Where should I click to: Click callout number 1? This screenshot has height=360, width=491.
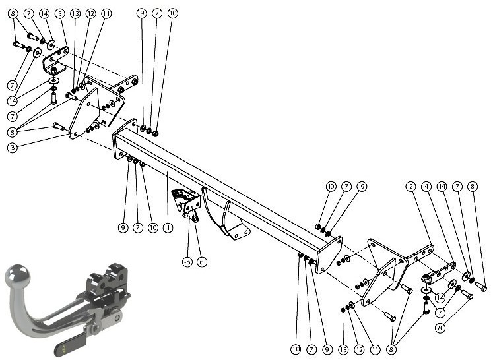[168, 227]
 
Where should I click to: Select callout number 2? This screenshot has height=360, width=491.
[410, 187]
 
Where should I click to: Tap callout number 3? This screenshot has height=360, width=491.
[13, 147]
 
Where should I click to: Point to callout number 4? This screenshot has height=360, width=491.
[426, 187]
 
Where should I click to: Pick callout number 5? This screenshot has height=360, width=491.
[60, 13]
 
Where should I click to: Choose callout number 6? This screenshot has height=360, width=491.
[202, 262]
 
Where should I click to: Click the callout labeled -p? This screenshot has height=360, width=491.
[187, 262]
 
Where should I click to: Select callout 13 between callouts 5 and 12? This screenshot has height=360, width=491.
[75, 13]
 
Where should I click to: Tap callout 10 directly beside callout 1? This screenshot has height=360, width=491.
[153, 227]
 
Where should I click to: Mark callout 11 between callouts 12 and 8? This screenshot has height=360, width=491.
[375, 349]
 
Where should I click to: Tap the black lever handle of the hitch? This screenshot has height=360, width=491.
[71, 344]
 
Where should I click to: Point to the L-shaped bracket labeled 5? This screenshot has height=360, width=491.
[55, 61]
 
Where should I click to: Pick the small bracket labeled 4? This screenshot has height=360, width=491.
[439, 273]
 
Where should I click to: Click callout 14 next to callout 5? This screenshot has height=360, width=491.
[44, 13]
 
